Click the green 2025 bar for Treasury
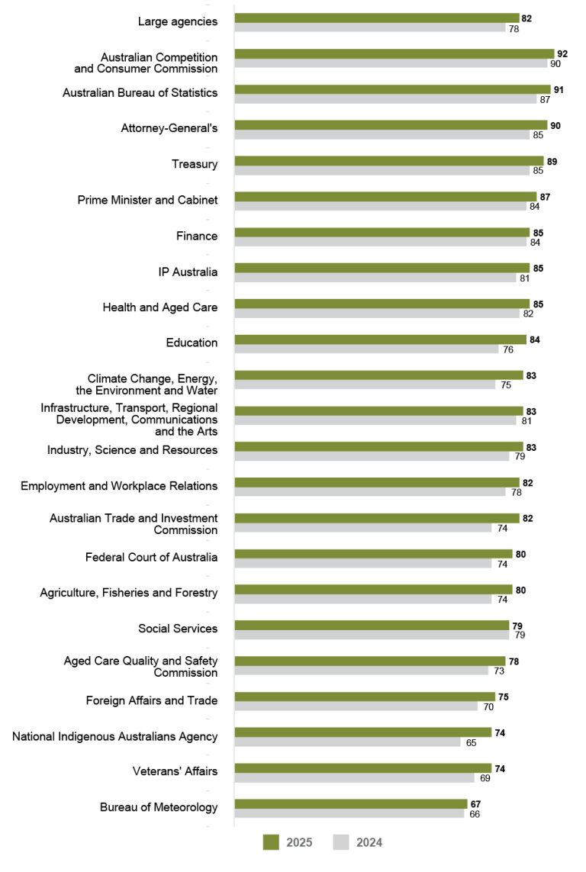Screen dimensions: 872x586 point(388,161)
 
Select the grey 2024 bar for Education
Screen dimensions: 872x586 point(366,349)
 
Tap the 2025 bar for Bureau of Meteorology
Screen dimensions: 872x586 point(350,804)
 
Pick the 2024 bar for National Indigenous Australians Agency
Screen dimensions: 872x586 point(347,742)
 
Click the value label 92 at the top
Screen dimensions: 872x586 point(562,54)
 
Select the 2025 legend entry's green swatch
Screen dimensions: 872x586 point(272,842)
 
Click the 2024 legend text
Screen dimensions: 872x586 point(369,842)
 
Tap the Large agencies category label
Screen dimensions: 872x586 point(177,21)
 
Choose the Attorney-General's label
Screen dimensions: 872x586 point(169,128)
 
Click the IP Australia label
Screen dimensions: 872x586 point(182,272)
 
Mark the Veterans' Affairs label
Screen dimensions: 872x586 point(175,771)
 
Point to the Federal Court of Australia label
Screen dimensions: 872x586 point(151,557)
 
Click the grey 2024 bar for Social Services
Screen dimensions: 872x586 point(372,635)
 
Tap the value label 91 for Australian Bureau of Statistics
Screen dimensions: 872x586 point(559,90)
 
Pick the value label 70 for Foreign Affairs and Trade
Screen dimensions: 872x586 point(488,706)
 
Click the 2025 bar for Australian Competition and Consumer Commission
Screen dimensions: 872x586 point(394,54)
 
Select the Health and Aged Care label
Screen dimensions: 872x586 point(159,307)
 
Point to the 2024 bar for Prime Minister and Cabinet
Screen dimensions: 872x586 point(380,206)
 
